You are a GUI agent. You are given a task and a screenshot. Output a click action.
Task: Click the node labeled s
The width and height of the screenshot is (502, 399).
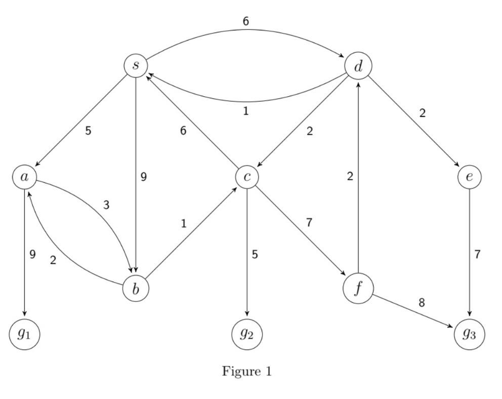(136, 66)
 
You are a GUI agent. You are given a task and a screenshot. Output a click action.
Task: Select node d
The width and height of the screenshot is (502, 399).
(358, 66)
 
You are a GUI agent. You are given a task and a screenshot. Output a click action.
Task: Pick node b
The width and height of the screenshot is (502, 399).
(136, 289)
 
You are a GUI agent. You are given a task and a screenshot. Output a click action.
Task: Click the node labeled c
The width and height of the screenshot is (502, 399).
(247, 177)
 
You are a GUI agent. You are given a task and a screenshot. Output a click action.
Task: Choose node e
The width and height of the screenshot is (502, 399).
(470, 177)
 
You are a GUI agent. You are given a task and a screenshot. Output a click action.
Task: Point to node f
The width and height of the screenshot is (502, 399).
(358, 289)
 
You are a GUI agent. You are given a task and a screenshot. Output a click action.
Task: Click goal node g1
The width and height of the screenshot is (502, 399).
(24, 334)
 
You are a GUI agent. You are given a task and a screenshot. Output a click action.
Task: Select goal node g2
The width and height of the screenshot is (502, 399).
(247, 334)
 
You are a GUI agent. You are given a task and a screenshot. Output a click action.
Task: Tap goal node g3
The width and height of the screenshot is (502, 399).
(470, 334)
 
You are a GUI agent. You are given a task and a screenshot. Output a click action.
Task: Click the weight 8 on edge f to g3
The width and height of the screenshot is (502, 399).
(422, 303)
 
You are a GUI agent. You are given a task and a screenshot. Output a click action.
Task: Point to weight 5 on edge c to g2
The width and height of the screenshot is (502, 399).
(255, 254)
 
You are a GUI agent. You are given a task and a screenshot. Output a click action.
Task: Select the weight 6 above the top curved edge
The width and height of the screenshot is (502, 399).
(246, 21)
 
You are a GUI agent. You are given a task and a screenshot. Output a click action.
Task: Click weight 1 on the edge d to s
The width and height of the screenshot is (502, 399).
(246, 111)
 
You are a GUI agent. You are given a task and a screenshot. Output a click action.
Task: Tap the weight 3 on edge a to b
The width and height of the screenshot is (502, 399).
(106, 205)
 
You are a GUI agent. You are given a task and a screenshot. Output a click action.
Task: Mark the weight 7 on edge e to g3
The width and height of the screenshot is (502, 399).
(477, 254)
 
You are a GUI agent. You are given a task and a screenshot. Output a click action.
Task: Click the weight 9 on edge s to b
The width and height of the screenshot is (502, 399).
(144, 177)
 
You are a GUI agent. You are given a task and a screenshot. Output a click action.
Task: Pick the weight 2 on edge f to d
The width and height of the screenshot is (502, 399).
(350, 177)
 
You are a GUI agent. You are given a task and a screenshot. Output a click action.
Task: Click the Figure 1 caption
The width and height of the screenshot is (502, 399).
(247, 372)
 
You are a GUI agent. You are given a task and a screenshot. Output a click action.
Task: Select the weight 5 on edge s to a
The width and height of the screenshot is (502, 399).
(88, 131)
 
